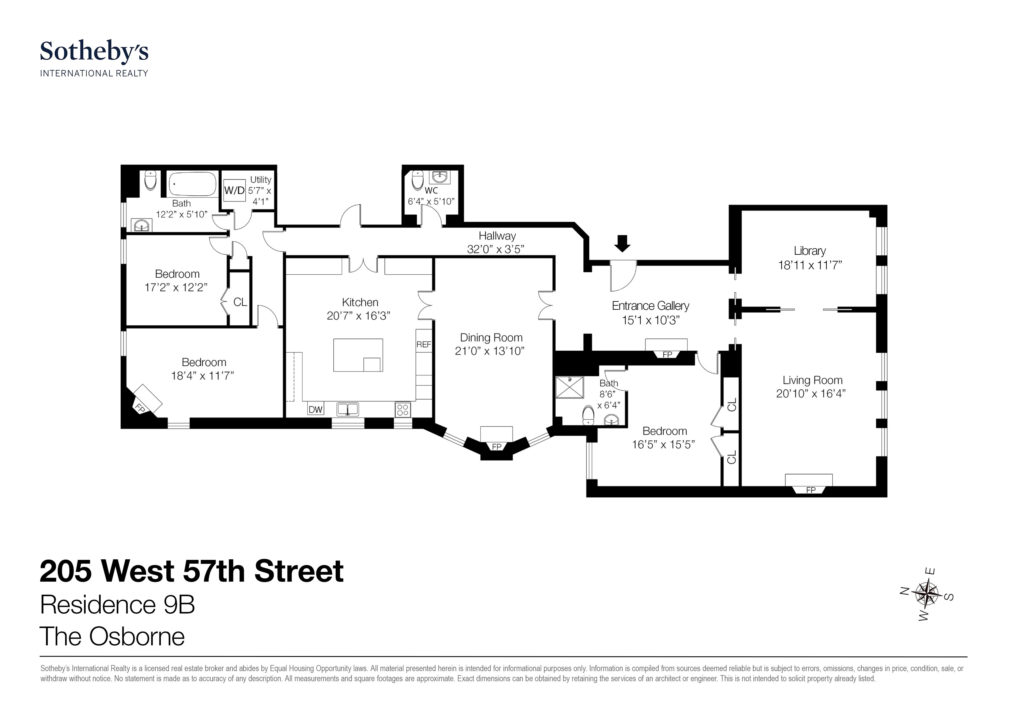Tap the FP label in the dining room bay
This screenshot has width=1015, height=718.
coord(497,447)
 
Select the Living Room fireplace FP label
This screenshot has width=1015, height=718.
coord(810,490)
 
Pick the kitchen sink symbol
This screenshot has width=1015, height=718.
coord(348,409)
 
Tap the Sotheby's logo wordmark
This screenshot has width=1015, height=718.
coord(94,52)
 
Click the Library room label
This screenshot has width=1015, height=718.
coord(810,251)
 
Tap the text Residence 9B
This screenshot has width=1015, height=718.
coord(117,605)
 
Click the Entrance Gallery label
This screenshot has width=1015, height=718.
coord(650,306)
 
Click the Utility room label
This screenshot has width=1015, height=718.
coord(260,179)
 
